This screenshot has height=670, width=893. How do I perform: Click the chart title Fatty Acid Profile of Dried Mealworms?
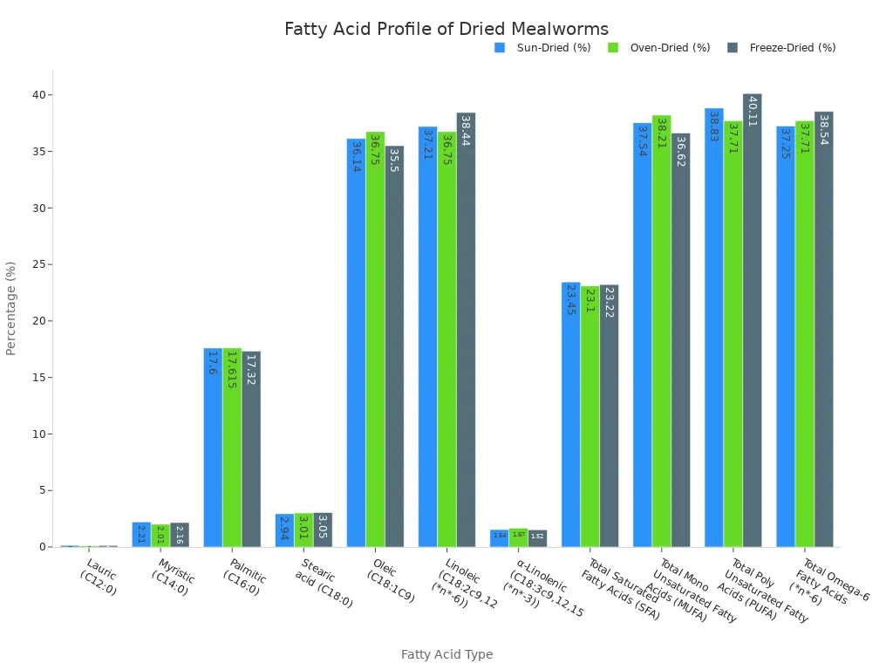click(x=446, y=30)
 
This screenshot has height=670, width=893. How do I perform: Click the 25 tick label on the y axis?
click(x=38, y=264)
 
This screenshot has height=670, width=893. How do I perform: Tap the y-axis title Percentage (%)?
click(x=11, y=308)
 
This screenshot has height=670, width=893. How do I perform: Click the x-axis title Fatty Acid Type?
click(x=446, y=654)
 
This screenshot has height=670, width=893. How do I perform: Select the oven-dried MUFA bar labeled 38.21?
click(x=661, y=332)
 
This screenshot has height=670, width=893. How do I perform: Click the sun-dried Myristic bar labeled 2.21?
click(x=141, y=535)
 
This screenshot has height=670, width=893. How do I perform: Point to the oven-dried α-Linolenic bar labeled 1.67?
click(x=518, y=537)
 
